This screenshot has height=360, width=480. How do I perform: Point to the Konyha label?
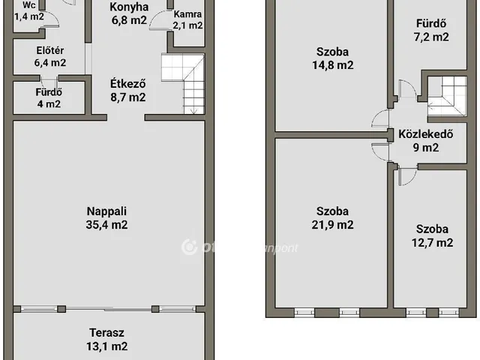tap(128, 7)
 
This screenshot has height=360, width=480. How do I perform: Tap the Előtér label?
tap(50, 51)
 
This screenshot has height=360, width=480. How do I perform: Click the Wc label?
tap(27, 4)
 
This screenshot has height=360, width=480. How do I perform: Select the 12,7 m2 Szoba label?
tap(433, 229)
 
